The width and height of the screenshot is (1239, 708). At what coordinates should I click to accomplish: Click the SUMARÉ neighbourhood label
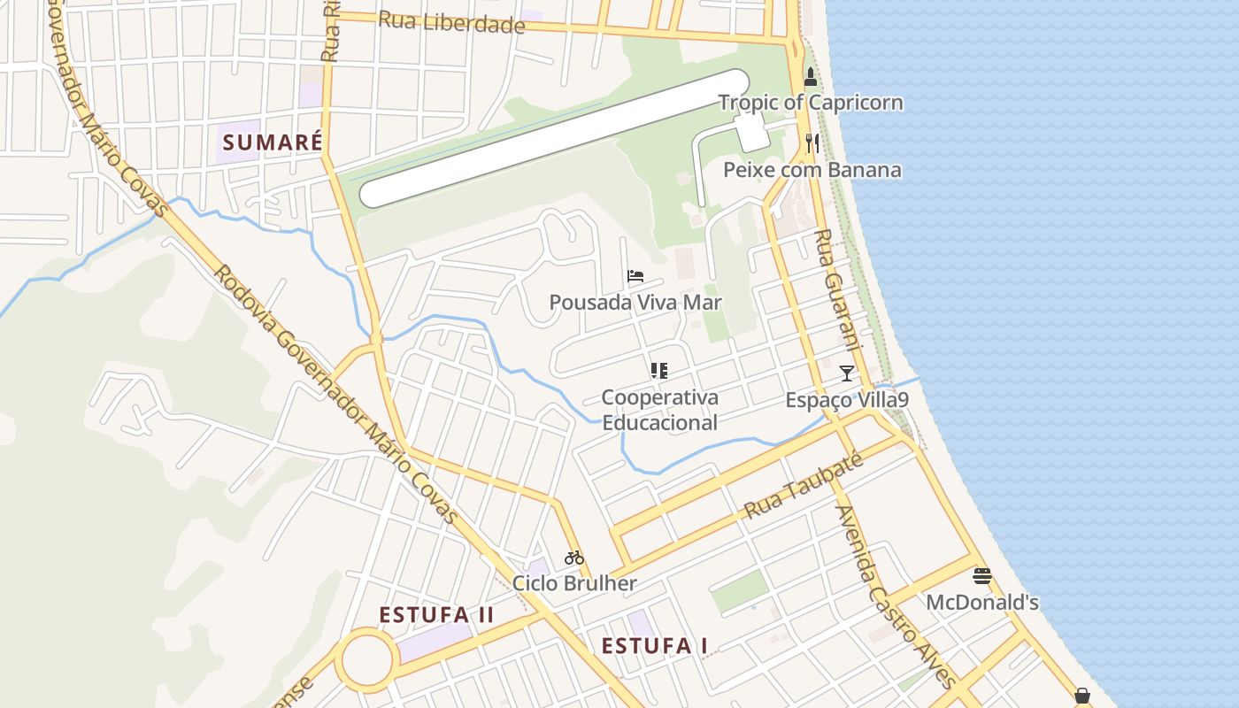point(271,142)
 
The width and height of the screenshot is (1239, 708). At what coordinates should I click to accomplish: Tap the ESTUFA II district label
point(436,615)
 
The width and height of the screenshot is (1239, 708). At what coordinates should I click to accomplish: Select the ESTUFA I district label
point(654,646)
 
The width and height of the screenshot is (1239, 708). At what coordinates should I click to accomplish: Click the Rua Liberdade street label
point(451,22)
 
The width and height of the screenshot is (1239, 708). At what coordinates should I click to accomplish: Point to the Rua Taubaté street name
point(803,487)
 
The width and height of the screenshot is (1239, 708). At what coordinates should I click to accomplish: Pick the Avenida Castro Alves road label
point(894,597)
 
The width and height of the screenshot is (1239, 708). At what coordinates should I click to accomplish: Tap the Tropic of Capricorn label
point(811,103)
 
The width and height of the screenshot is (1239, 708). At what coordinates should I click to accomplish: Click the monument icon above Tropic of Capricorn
point(810,77)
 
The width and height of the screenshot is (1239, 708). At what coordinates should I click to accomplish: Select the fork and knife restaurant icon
point(812,143)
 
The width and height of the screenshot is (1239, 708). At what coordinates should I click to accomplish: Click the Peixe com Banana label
point(812,170)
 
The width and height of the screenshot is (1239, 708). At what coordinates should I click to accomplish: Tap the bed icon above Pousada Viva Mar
point(635,276)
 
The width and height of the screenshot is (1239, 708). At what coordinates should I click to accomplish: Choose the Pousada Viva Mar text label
point(635,303)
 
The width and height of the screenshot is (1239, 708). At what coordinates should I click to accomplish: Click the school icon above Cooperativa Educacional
point(659,371)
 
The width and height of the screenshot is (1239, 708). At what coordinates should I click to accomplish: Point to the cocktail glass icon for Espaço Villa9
point(847,373)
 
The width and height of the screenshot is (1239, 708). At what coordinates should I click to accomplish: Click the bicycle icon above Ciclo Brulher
point(574,558)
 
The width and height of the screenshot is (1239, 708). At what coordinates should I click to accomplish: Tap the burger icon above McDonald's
point(981,577)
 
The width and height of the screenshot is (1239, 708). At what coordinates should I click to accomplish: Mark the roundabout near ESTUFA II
point(366,659)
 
